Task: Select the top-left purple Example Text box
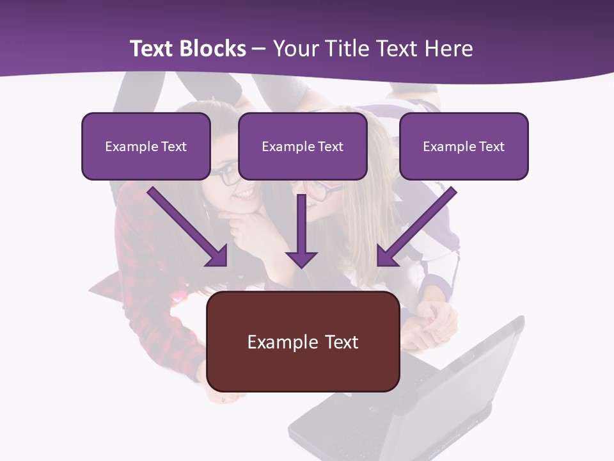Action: [x=146, y=146]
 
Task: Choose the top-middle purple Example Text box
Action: [x=303, y=146]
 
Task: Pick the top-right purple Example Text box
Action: [x=464, y=146]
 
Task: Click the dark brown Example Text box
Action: [x=303, y=341]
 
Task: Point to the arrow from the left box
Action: [x=185, y=224]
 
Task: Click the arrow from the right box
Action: [x=419, y=224]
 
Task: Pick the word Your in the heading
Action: [x=295, y=49]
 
